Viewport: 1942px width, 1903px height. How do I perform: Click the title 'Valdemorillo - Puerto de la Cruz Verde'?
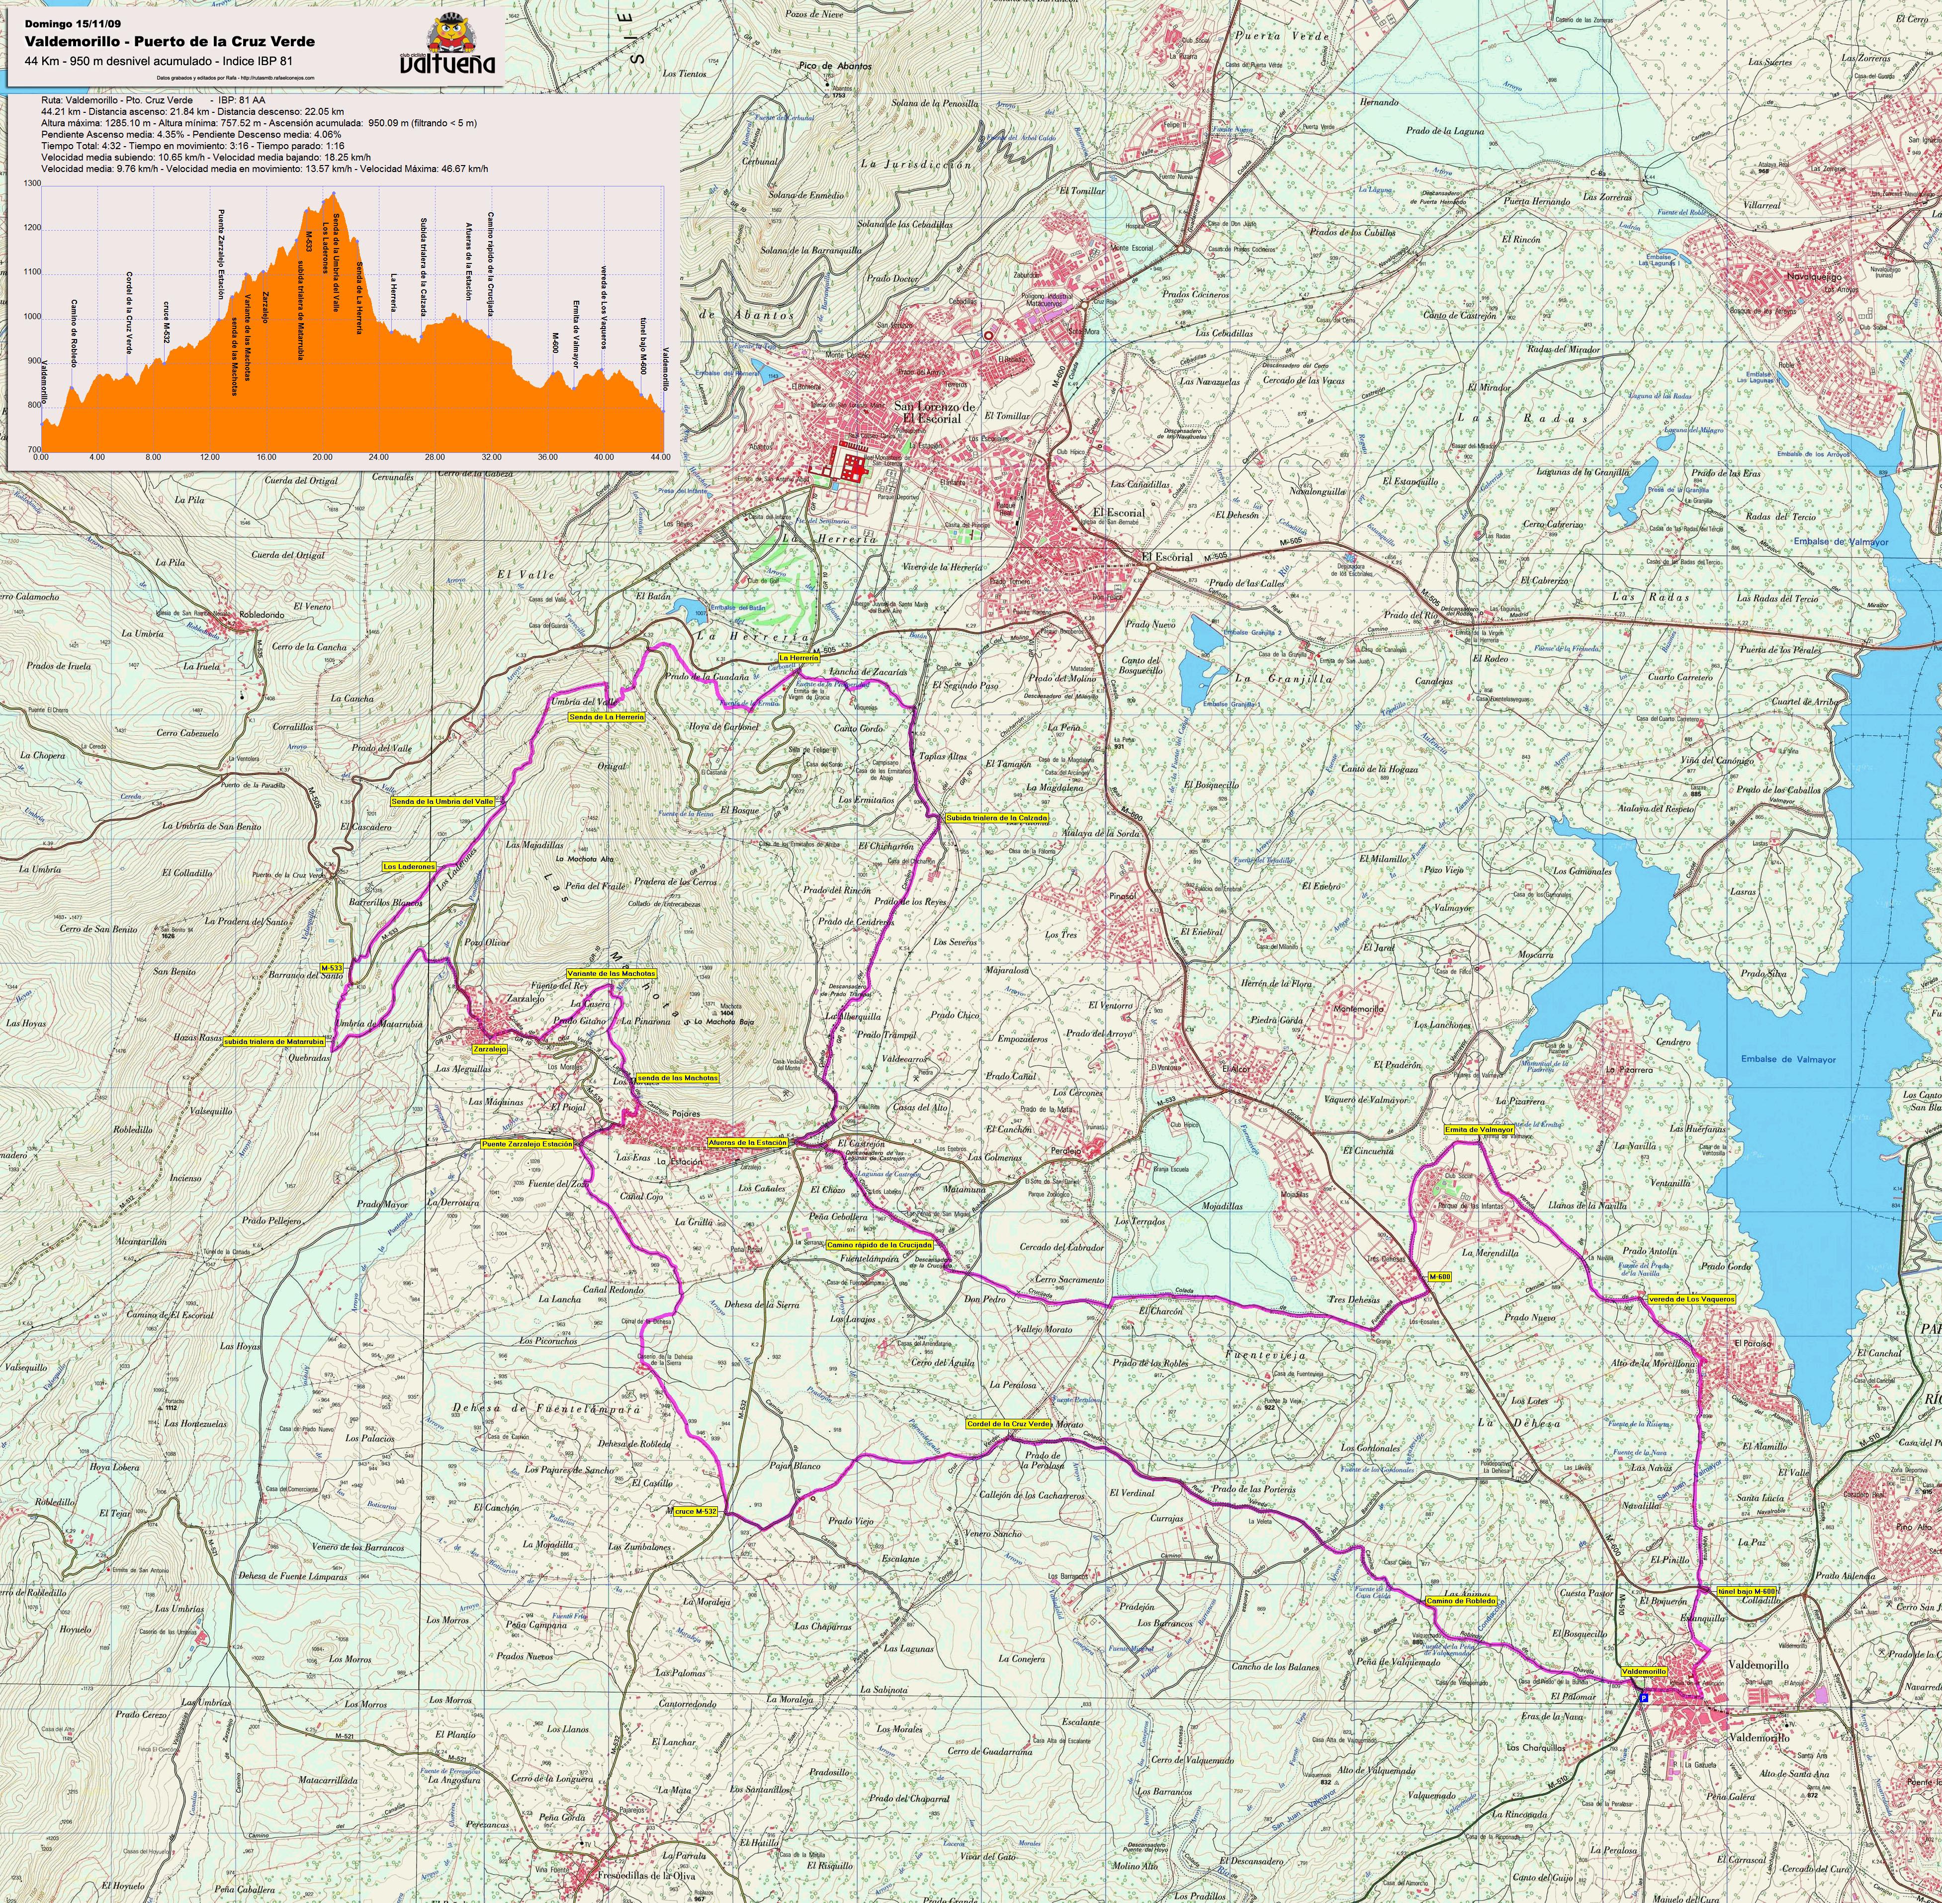click(x=170, y=42)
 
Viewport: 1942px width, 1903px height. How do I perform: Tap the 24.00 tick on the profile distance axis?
click(x=378, y=457)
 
